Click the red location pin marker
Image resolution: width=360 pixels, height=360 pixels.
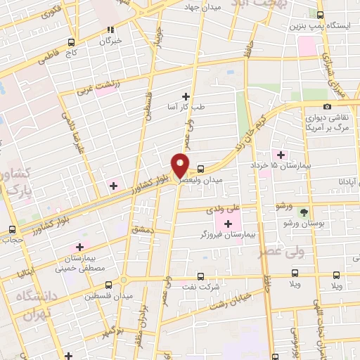point(181,165)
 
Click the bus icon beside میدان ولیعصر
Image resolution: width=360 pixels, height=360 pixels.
point(201,169)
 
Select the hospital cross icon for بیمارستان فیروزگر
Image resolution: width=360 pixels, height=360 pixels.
point(228,223)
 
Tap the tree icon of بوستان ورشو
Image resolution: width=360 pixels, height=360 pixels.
point(304,211)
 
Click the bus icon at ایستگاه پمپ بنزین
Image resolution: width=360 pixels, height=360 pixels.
point(321,15)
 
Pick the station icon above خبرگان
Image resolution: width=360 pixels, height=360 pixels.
point(110,30)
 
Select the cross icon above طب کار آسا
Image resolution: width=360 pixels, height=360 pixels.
point(186,96)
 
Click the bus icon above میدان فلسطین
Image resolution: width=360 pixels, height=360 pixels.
point(108,285)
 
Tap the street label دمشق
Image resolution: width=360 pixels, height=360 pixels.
point(141,230)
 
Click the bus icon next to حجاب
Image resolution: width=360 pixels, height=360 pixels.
point(12,229)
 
